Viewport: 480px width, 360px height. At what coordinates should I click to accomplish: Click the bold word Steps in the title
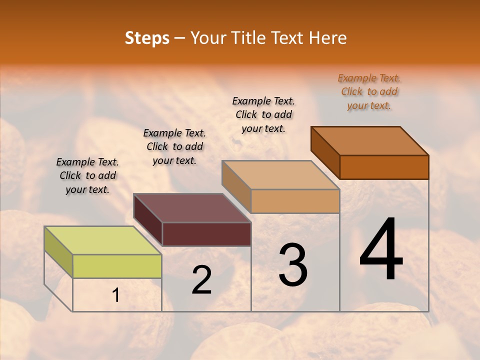[x=147, y=38]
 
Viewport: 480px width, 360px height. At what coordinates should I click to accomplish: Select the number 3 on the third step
[x=292, y=265]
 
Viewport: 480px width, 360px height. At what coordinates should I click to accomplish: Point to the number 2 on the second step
[x=201, y=279]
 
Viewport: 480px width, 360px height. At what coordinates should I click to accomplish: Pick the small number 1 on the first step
[x=116, y=295]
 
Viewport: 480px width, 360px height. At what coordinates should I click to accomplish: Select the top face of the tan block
[x=281, y=175]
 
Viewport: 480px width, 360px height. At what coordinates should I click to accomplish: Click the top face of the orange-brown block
[x=370, y=141]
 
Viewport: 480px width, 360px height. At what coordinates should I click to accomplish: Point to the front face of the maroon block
[x=206, y=234]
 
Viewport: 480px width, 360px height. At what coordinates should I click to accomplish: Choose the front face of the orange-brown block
[x=384, y=167]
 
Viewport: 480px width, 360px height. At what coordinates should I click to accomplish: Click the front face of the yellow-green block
[x=117, y=266]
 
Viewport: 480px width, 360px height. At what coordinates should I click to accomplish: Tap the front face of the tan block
[x=295, y=201]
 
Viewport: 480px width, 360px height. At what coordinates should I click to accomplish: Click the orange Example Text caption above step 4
[x=369, y=92]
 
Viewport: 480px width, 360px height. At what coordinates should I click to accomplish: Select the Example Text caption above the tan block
[x=263, y=114]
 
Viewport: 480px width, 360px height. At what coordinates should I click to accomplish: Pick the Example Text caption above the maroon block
[x=174, y=146]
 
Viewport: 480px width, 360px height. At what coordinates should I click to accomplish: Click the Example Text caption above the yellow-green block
[x=87, y=175]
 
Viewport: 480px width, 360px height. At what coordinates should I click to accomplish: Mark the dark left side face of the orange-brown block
[x=325, y=153]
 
